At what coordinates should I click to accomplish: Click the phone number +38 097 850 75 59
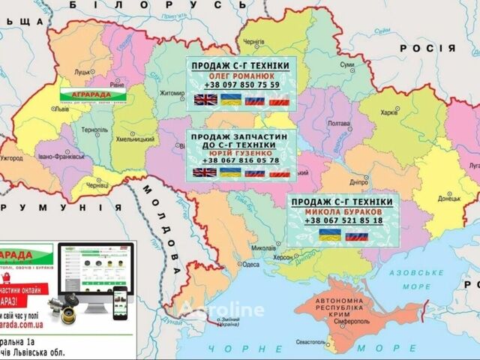(241, 85)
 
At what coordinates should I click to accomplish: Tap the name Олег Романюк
(241, 76)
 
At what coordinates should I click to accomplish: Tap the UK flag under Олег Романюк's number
(204, 100)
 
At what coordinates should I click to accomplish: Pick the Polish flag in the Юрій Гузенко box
(279, 172)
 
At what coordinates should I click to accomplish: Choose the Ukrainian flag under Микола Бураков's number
(330, 235)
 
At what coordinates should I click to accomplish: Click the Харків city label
(389, 113)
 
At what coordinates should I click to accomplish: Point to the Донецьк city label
(449, 199)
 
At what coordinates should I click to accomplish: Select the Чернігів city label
(254, 42)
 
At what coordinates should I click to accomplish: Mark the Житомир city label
(172, 94)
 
